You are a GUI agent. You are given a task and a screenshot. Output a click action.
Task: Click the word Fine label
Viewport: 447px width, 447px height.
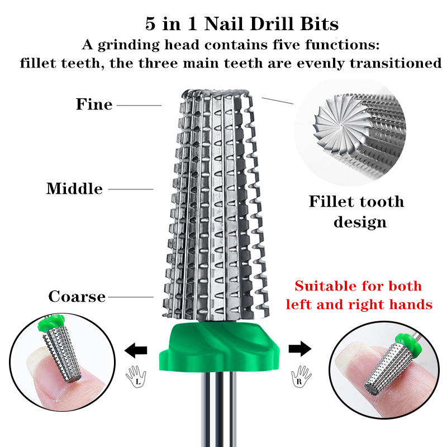pos(94,104)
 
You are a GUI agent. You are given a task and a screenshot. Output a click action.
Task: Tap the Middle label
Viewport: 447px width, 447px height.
pos(74,189)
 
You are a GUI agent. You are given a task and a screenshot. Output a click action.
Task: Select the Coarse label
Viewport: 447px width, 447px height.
pos(77,297)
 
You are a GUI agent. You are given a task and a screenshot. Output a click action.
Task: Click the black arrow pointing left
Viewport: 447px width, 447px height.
pos(136,350)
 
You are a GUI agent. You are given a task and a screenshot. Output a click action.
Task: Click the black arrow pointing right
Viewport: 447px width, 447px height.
pos(300,349)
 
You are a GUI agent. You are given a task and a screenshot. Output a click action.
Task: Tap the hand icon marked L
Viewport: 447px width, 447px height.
pos(136,376)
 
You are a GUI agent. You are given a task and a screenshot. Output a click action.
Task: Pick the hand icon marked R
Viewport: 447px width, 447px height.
pos(301,376)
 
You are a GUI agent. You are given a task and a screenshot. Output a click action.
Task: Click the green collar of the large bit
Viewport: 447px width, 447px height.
pos(219,347)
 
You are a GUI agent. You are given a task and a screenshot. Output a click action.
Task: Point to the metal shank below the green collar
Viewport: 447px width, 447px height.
pos(218,410)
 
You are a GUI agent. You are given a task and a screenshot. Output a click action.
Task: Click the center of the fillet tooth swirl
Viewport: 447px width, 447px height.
pos(341,126)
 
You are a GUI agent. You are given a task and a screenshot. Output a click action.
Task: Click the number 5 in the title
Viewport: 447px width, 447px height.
pos(150,23)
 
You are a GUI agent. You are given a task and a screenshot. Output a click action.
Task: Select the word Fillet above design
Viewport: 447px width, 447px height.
pos(330,202)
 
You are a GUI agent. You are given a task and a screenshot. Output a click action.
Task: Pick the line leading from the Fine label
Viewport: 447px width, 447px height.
pos(139,105)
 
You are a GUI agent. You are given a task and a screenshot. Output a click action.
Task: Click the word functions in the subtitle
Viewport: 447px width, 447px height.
pos(342,45)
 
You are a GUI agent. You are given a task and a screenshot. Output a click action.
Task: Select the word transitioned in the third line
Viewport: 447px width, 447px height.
pos(396,63)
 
